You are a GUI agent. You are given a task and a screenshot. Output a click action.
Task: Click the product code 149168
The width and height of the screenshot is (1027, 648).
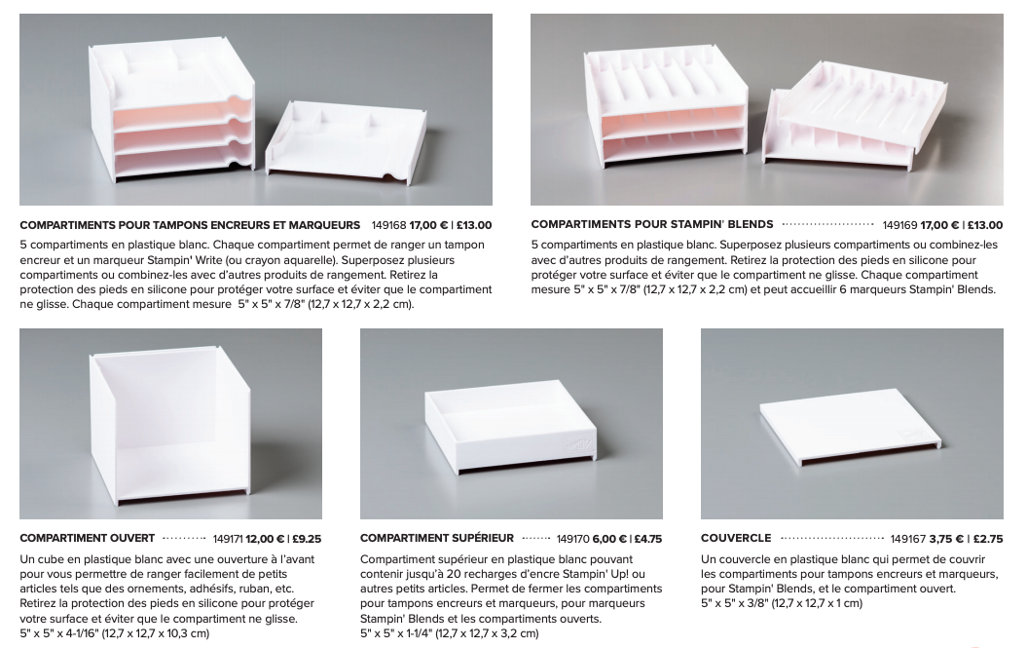pyautogui.click(x=389, y=226)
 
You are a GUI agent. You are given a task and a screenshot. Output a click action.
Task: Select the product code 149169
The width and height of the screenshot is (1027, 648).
pyautogui.click(x=899, y=226)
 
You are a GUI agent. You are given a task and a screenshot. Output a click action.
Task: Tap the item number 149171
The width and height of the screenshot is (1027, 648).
pyautogui.click(x=228, y=539)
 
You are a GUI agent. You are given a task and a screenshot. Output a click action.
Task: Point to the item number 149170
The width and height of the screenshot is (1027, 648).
pyautogui.click(x=573, y=539)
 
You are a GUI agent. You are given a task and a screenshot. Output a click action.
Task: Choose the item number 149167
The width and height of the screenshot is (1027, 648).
pyautogui.click(x=908, y=539)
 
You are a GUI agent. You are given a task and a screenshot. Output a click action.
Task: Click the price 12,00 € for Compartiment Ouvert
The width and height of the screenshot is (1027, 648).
pyautogui.click(x=265, y=539)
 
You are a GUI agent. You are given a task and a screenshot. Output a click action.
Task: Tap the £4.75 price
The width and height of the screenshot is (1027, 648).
pyautogui.click(x=647, y=539)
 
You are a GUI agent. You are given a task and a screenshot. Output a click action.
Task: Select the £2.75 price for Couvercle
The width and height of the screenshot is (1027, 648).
pyautogui.click(x=988, y=539)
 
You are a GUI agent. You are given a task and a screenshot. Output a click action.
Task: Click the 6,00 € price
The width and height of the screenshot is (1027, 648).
pyautogui.click(x=609, y=539)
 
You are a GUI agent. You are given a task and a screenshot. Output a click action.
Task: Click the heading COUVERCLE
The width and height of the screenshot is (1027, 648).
pyautogui.click(x=736, y=539)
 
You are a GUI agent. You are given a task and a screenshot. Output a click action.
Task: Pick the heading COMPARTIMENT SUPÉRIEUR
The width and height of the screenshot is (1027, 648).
pyautogui.click(x=437, y=539)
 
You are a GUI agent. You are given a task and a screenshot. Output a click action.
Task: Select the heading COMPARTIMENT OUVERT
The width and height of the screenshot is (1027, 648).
pyautogui.click(x=87, y=539)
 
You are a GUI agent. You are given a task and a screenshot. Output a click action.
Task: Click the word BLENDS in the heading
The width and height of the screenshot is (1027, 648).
pyautogui.click(x=751, y=224)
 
